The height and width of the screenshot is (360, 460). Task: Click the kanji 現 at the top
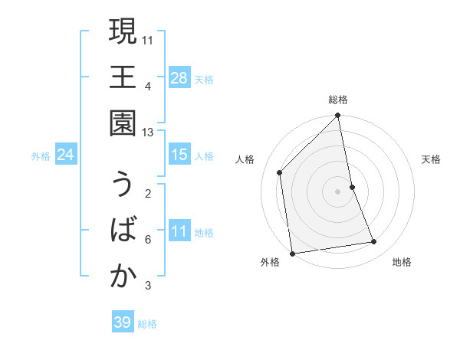click(x=123, y=32)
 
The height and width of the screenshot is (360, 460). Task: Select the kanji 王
click(x=123, y=78)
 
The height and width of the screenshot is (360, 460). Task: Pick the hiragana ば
click(x=123, y=231)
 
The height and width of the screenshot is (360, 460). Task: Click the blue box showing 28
click(x=179, y=77)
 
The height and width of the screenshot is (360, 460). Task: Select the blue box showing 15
click(x=179, y=155)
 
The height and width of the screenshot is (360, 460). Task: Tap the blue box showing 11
click(x=179, y=231)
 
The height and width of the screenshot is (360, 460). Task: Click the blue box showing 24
click(x=65, y=155)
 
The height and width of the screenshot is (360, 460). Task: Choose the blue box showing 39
click(x=122, y=322)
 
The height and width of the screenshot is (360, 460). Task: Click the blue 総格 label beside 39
click(x=147, y=324)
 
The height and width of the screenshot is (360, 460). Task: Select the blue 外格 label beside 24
click(x=41, y=156)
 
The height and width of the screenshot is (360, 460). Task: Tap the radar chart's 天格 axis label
click(x=431, y=159)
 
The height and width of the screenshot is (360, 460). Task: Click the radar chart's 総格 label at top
click(x=338, y=100)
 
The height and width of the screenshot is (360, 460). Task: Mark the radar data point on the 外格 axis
click(x=292, y=253)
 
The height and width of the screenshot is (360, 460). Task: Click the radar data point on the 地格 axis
click(x=374, y=242)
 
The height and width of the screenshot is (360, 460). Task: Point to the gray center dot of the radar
click(x=338, y=191)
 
